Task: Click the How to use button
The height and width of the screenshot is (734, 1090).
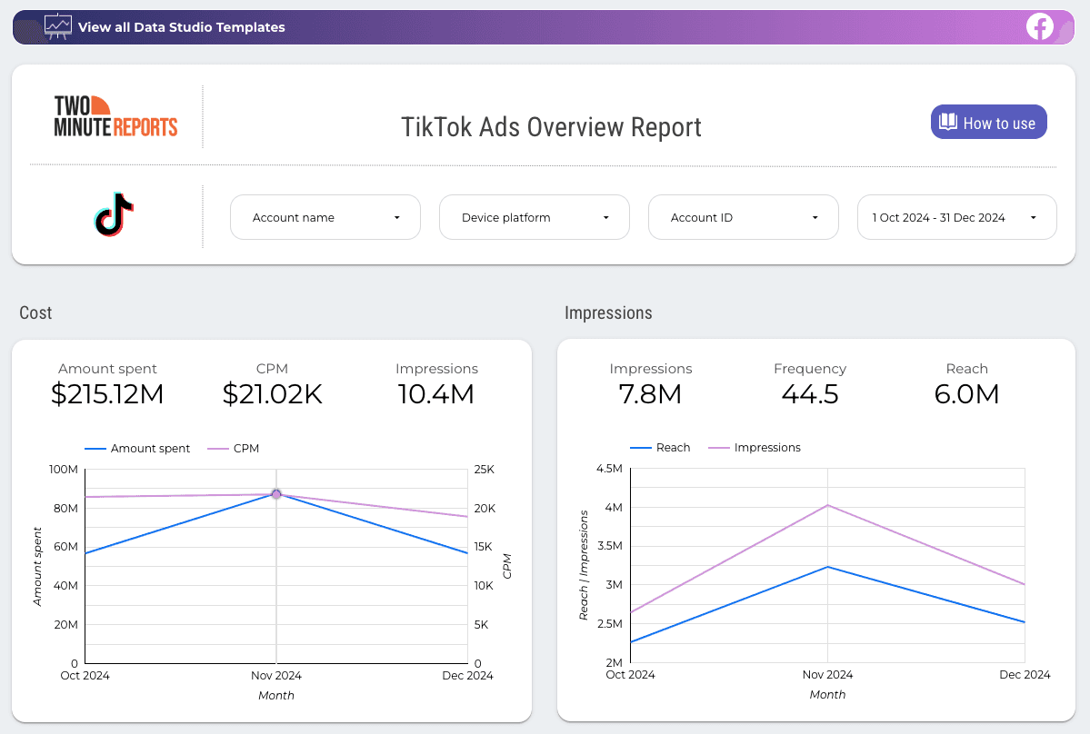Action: point(988,123)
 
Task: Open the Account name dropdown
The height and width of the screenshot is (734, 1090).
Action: point(325,217)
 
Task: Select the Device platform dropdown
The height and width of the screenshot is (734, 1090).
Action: point(534,217)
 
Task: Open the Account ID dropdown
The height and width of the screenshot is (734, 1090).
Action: point(743,217)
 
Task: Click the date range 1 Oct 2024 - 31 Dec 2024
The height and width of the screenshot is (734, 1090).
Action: point(956,217)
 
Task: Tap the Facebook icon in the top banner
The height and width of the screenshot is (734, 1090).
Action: point(1040,27)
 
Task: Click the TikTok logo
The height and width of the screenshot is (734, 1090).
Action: point(115,215)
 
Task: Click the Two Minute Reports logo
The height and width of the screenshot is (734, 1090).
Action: point(115,116)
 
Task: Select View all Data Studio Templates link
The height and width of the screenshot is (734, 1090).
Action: point(181,27)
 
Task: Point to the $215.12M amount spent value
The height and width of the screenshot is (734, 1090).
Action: point(107,393)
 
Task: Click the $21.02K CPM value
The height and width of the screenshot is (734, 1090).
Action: point(272,393)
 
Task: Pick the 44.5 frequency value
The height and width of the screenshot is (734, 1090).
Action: point(809,393)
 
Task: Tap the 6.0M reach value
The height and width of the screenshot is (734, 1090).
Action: point(966,393)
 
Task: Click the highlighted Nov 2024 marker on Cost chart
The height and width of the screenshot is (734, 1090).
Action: point(276,494)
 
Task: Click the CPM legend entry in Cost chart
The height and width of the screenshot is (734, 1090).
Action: point(234,448)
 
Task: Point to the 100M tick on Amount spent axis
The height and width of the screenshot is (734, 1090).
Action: point(62,469)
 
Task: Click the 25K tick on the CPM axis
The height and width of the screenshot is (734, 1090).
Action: point(484,469)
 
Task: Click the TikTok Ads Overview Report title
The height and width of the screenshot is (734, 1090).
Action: point(551,126)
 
